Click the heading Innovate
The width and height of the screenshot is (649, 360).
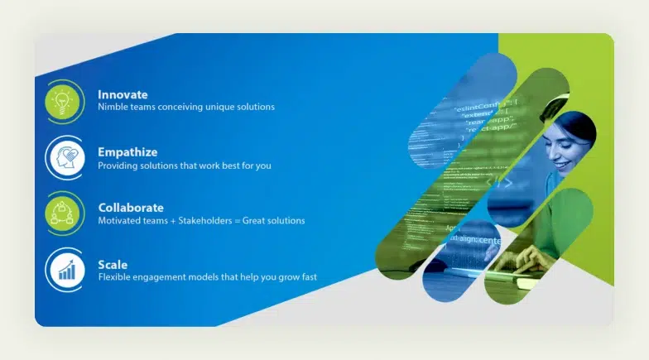click(123, 94)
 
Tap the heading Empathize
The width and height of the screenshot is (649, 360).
click(127, 151)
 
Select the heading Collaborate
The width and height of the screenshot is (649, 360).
click(131, 207)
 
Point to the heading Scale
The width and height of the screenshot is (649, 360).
click(113, 264)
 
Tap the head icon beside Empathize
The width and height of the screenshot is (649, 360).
click(65, 158)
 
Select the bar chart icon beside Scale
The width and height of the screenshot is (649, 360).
click(65, 270)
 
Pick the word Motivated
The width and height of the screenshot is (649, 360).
click(119, 221)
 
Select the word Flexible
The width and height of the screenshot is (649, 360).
click(116, 277)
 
